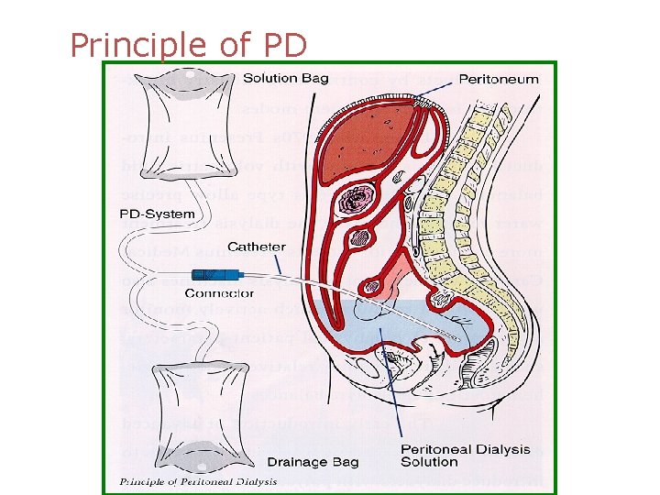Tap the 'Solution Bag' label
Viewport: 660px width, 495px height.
tap(286, 79)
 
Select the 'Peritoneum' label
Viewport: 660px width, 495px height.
tap(499, 80)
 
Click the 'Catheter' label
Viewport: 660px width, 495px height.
tap(257, 247)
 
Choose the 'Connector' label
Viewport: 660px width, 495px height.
tap(220, 293)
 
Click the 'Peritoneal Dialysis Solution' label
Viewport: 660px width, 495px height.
tap(466, 456)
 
